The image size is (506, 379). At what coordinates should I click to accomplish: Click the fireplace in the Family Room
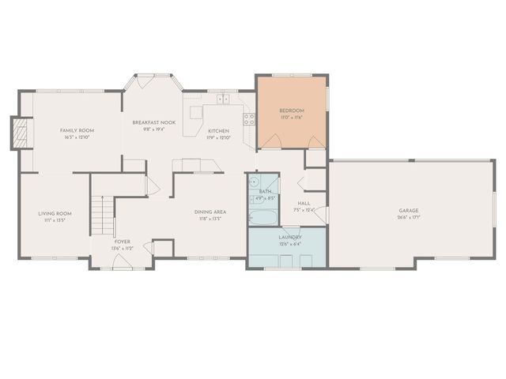point(21,133)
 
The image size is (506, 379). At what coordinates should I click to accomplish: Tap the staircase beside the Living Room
point(101,214)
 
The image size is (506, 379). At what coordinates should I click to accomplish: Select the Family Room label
point(77,130)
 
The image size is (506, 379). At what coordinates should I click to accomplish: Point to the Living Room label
point(55,213)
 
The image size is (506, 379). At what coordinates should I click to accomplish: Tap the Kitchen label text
point(218,130)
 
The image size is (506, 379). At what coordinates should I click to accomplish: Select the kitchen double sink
point(222,100)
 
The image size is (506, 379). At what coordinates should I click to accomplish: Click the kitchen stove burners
point(249,120)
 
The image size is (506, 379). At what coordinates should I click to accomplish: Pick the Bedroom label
point(292,111)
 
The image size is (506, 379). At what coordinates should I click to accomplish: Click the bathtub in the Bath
point(263,216)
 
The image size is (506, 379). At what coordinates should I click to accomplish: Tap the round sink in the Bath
point(253,181)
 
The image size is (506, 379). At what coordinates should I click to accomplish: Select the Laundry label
point(289,237)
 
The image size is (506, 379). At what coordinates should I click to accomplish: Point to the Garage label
point(408,211)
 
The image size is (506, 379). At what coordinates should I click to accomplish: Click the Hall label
point(304,203)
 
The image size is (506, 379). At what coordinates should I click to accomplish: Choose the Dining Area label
point(210,212)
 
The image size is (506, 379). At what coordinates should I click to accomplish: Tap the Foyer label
point(122,242)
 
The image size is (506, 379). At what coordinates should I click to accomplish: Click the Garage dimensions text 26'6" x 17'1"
point(408,217)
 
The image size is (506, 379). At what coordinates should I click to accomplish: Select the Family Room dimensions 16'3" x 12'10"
point(77,137)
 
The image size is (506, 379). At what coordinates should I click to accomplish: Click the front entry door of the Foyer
point(123,266)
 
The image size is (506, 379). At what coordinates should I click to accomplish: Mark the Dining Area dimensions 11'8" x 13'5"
point(210,219)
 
